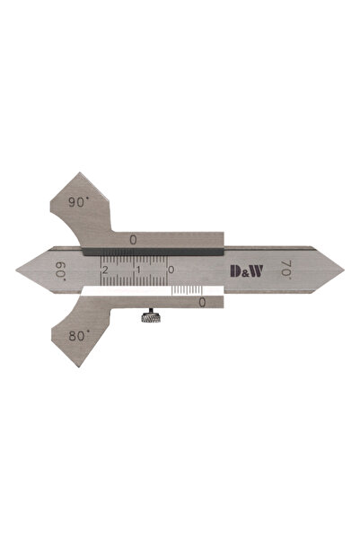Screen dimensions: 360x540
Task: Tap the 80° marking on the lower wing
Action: click(x=79, y=335)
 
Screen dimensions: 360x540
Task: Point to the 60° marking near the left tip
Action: click(x=60, y=270)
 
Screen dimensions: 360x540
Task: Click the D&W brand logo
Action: click(x=246, y=271)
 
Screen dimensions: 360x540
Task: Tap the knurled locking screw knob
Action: click(x=151, y=316)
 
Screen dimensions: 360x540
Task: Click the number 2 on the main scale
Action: click(x=105, y=270)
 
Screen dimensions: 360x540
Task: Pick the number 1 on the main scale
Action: click(x=138, y=270)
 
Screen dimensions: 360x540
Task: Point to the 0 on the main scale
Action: click(x=171, y=270)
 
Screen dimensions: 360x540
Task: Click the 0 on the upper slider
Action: click(x=133, y=240)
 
